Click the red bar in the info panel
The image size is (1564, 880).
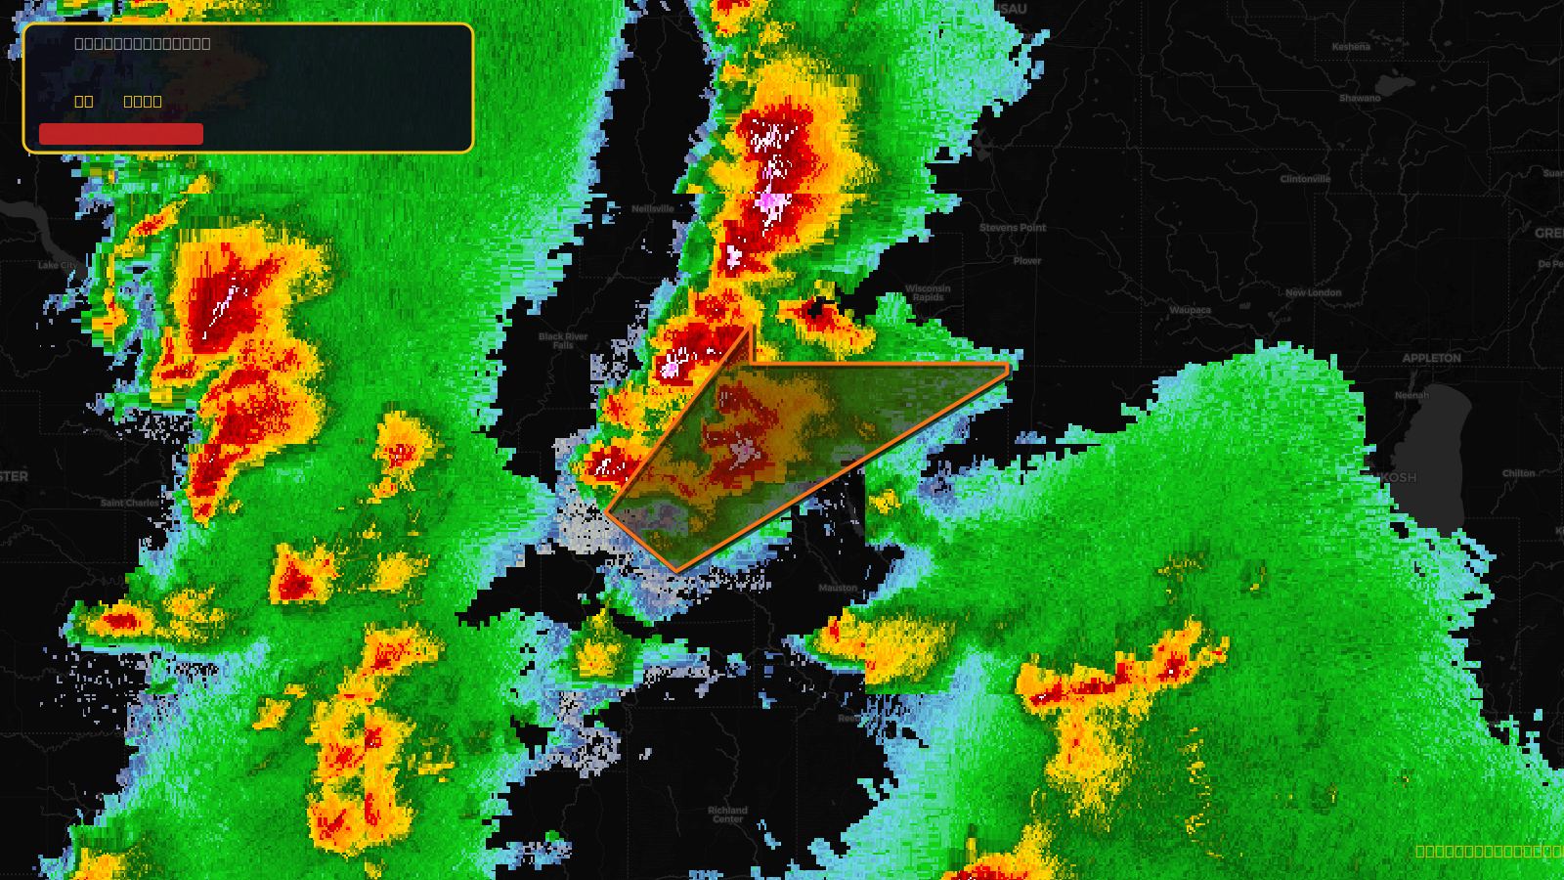coord(121,134)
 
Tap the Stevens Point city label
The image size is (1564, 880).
coord(1013,228)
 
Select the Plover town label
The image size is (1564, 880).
coord(1027,261)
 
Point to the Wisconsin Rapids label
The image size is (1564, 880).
coord(928,292)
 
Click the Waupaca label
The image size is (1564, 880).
coord(1190,310)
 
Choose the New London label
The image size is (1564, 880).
coord(1313,292)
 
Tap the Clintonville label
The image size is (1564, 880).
coord(1305,179)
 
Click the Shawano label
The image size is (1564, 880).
coord(1360,98)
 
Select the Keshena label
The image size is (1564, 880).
coord(1351,47)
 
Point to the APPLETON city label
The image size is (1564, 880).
coord(1431,358)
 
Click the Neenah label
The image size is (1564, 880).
coord(1412,395)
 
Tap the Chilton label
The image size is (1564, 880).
coord(1518,473)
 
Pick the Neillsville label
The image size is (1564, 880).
coord(653,208)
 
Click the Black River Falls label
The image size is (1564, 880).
coord(563,340)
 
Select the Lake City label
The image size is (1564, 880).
coord(57,265)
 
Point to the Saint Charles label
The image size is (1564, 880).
coord(129,503)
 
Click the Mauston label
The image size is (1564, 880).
coord(838,588)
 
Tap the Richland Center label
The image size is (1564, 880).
coord(727,814)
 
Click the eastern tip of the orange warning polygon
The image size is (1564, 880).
coord(1008,368)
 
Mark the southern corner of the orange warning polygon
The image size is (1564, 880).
coord(676,571)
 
